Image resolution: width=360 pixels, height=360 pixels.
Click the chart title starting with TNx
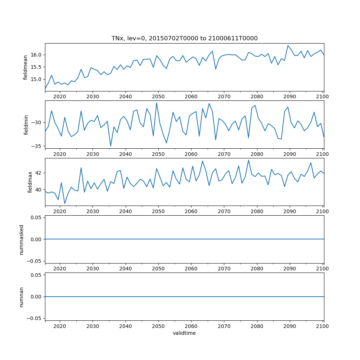point(184,39)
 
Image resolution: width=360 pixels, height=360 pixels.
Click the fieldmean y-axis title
point(25,67)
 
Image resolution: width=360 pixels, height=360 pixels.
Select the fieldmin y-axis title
point(25,125)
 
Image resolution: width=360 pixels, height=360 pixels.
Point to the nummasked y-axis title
point(22,239)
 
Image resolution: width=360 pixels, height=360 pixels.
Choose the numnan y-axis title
point(22,297)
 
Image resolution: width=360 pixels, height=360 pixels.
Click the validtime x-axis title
point(184,333)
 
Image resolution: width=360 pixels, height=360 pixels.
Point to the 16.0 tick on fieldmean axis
point(36,55)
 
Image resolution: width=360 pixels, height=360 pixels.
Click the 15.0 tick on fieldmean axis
point(36,79)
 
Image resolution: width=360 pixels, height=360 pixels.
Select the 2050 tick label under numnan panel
point(158,326)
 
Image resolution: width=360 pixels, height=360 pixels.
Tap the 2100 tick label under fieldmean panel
point(323,96)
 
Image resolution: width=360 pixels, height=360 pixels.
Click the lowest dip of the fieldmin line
point(111,146)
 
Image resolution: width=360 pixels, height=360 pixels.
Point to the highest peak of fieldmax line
point(248,160)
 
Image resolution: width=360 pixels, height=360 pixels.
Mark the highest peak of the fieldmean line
point(288,45)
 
